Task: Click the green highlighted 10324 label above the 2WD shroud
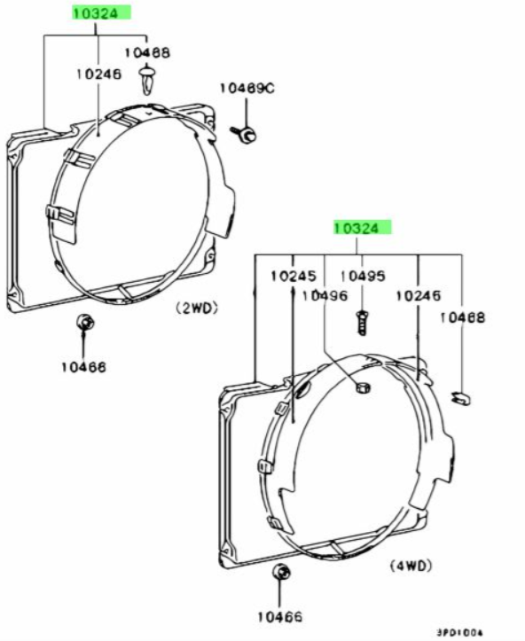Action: [102, 13]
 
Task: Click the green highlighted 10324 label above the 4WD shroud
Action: [362, 227]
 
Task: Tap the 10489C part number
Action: [247, 88]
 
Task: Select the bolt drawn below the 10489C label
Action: [245, 134]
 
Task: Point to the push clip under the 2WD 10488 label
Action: [146, 79]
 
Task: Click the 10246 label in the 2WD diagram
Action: [99, 74]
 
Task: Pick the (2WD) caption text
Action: [197, 308]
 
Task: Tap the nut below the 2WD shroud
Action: [86, 323]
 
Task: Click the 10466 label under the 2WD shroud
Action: [83, 367]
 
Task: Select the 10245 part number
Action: [294, 276]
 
